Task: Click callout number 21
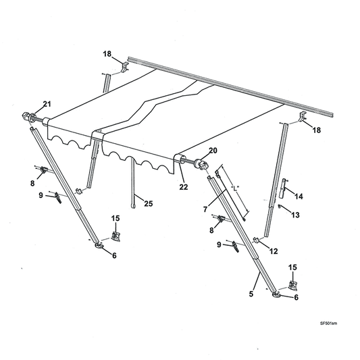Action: click(47, 103)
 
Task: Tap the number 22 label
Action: click(184, 187)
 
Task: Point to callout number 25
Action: click(149, 202)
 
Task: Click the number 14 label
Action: click(299, 196)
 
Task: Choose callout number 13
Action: click(294, 214)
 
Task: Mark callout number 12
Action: click(273, 251)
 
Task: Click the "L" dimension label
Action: click(235, 187)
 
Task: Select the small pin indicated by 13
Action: click(280, 207)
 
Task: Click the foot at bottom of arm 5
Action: click(277, 292)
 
